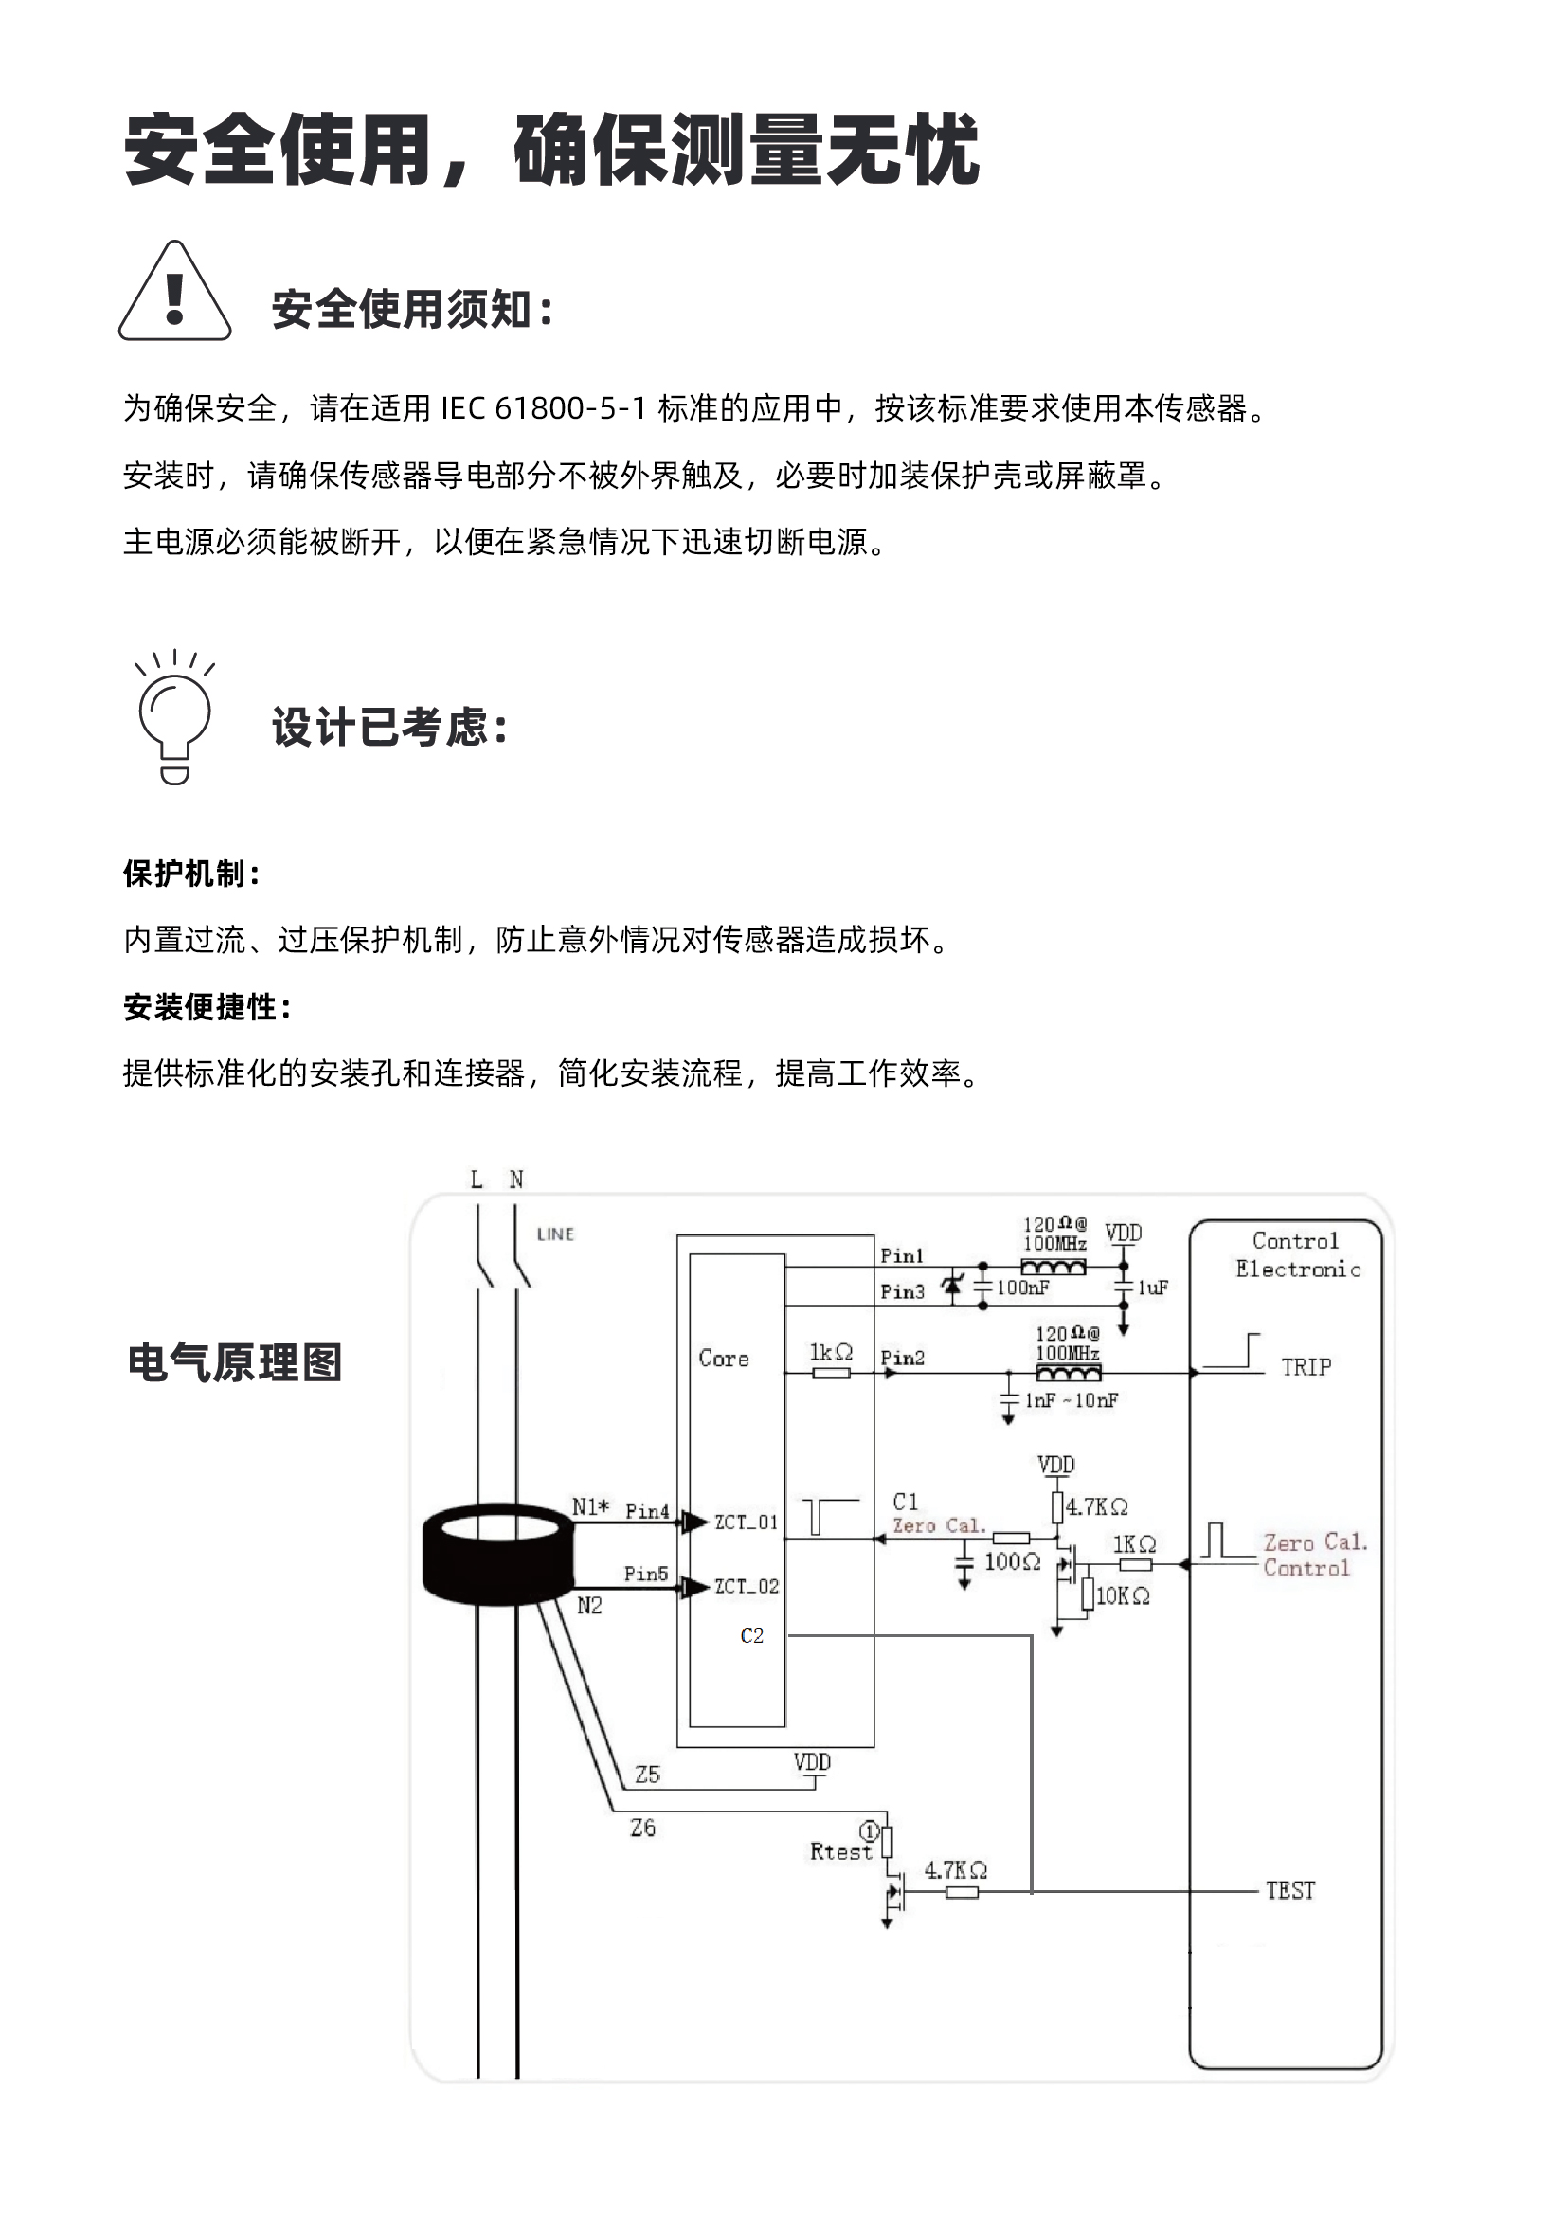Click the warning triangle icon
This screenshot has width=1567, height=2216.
point(174,293)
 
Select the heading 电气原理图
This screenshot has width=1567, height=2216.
point(234,1362)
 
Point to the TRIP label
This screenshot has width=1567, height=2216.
point(1306,1368)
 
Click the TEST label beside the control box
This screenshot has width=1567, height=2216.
point(1290,1891)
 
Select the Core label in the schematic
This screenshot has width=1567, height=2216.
point(724,1359)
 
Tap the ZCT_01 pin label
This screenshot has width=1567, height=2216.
point(746,1522)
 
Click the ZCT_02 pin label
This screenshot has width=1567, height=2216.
point(746,1586)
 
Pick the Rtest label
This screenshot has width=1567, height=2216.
point(840,1851)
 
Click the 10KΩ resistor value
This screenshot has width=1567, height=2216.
point(1122,1596)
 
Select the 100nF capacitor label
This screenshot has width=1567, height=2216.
point(1023,1288)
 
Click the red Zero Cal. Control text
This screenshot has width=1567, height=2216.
point(1315,1555)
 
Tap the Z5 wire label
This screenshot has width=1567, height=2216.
point(647,1774)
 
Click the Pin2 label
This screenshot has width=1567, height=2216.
point(902,1358)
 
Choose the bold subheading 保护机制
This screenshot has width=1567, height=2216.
point(191,874)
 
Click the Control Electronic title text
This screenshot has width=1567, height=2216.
point(1298,1254)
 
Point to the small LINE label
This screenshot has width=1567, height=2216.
point(555,1234)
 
